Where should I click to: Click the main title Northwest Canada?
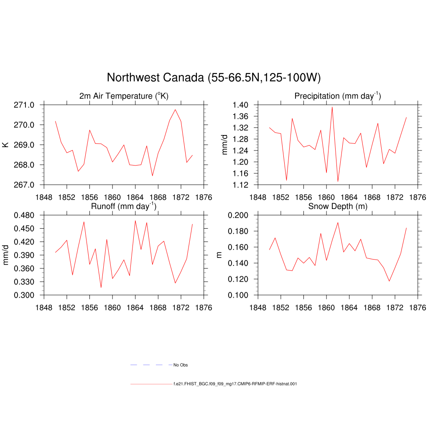click(x=214, y=78)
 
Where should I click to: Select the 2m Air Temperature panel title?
click(x=124, y=96)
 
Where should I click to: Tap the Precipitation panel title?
click(x=338, y=96)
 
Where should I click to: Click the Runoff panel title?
click(x=124, y=206)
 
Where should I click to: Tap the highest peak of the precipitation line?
click(x=332, y=107)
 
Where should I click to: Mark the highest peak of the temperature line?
click(x=176, y=110)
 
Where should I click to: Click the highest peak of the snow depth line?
click(x=338, y=222)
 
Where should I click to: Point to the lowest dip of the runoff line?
click(x=101, y=288)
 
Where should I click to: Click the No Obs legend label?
click(x=181, y=365)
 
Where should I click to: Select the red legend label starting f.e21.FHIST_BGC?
click(x=235, y=384)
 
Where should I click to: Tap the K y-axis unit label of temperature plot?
click(x=5, y=145)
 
